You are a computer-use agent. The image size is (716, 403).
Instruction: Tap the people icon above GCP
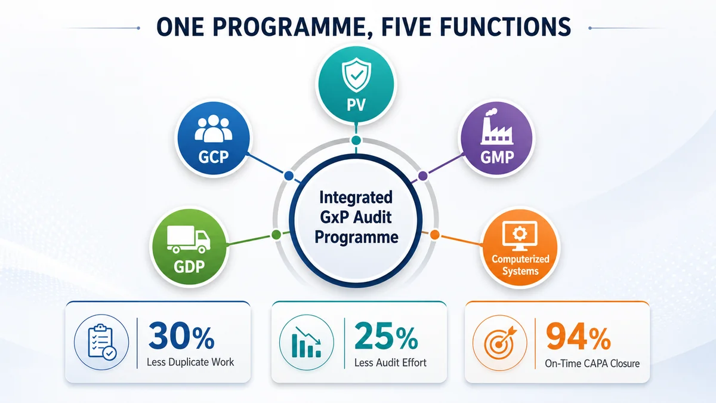pos(214,128)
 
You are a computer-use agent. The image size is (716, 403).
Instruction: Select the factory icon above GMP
pos(496,127)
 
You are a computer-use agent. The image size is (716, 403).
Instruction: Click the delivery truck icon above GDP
pos(189,239)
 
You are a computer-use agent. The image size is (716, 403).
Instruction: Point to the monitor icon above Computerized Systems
pos(520,236)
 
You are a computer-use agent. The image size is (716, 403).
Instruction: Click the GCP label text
pos(214,157)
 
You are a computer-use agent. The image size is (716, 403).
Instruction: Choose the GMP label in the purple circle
pos(497,157)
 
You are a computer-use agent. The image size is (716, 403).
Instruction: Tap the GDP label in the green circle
pos(189,266)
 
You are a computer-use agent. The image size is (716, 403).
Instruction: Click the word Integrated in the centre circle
pos(356,198)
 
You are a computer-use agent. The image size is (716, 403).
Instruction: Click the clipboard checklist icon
pos(102,342)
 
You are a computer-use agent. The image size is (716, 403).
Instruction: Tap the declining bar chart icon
pos(306,342)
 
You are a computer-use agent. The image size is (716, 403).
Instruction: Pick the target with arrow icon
pos(500,342)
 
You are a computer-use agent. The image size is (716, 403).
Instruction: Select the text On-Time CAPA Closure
pos(592,364)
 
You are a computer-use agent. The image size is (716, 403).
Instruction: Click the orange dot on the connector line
pos(434,235)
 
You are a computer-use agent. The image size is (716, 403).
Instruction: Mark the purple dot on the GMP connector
pos(423,176)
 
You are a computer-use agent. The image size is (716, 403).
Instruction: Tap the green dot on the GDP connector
pos(276,235)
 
